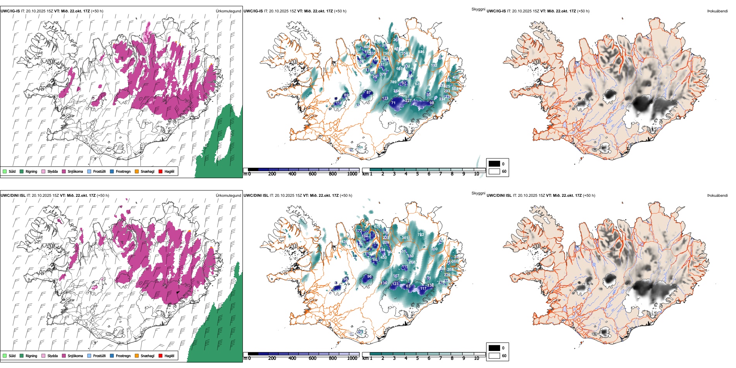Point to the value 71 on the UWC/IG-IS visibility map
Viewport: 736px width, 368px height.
[x=393, y=103]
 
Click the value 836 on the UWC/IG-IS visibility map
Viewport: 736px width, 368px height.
[x=421, y=52]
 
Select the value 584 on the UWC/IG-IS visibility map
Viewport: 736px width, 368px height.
[x=455, y=89]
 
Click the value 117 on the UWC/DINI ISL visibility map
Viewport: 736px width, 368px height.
[x=423, y=289]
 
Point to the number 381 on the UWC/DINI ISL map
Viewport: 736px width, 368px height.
[x=405, y=238]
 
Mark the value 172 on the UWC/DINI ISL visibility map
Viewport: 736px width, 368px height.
[x=359, y=231]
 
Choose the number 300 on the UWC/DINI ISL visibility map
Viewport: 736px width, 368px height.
[x=434, y=249]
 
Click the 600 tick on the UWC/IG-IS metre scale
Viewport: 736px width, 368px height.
[x=313, y=174]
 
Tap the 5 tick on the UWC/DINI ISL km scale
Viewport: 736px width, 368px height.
[x=417, y=359]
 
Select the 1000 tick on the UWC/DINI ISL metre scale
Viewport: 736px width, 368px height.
[x=352, y=359]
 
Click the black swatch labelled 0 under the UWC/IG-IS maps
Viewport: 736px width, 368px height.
[x=494, y=164]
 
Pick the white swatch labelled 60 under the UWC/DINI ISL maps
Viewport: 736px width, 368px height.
[x=494, y=356]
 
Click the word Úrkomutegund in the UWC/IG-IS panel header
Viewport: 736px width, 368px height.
[x=228, y=11]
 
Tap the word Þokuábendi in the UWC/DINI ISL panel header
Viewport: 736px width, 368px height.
[x=717, y=196]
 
